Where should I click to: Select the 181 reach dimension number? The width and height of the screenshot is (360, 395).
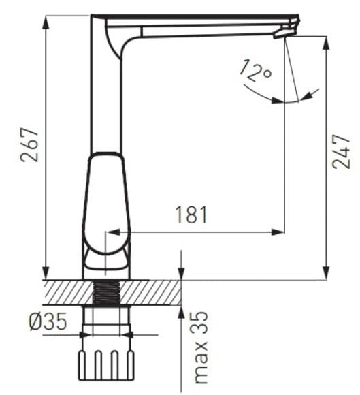click(191, 215)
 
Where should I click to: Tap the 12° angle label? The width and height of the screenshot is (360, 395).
click(256, 70)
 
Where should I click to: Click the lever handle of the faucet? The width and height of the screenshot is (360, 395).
click(106, 204)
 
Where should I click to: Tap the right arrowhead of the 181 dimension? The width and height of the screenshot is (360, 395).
click(278, 232)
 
